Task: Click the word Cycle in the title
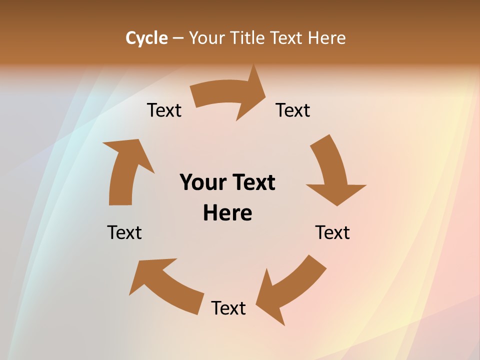pyautogui.click(x=146, y=38)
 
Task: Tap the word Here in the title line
pyautogui.click(x=326, y=38)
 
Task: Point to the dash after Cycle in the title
pyautogui.click(x=178, y=38)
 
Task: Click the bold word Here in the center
pyautogui.click(x=227, y=213)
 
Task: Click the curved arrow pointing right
pyautogui.click(x=225, y=95)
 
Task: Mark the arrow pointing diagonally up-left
pyautogui.click(x=165, y=285)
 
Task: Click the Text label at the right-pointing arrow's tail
pyautogui.click(x=164, y=110)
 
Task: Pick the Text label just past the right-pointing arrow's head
pyautogui.click(x=293, y=110)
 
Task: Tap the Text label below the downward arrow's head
pyautogui.click(x=332, y=232)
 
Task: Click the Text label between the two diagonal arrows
pyautogui.click(x=228, y=308)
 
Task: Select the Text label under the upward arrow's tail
pyautogui.click(x=124, y=232)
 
